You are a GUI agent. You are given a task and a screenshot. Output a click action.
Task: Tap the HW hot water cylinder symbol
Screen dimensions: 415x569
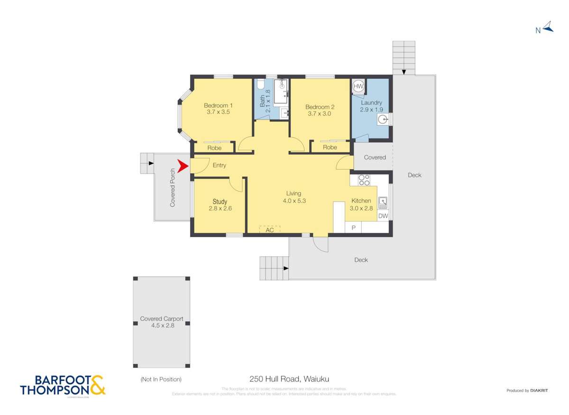pyautogui.click(x=358, y=86)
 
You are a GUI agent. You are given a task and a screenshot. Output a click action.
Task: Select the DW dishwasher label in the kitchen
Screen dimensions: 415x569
pyautogui.click(x=383, y=216)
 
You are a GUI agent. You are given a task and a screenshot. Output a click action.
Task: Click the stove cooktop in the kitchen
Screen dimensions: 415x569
pyautogui.click(x=364, y=180)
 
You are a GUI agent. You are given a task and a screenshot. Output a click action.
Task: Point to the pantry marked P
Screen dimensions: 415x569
pyautogui.click(x=353, y=228)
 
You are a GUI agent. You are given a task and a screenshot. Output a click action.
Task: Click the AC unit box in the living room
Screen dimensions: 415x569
pyautogui.click(x=269, y=230)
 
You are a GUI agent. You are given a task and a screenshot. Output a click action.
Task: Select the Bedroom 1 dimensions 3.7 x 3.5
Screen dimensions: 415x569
pyautogui.click(x=219, y=112)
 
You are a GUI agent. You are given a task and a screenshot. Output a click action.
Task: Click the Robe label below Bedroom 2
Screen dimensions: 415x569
pyautogui.click(x=330, y=148)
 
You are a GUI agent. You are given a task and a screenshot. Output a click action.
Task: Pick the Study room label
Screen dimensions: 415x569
pyautogui.click(x=220, y=202)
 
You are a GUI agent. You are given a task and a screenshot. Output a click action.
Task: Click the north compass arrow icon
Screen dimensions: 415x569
pyautogui.click(x=548, y=27)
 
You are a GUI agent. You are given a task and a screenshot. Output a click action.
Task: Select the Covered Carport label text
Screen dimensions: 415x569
pyautogui.click(x=162, y=319)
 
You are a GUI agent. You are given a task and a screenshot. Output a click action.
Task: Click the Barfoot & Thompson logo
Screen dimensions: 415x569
pyautogui.click(x=63, y=385)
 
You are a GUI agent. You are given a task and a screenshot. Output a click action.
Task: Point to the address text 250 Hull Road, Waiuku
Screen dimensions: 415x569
pyautogui.click(x=289, y=379)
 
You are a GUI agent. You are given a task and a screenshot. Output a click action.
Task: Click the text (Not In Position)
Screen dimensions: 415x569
pyautogui.click(x=161, y=379)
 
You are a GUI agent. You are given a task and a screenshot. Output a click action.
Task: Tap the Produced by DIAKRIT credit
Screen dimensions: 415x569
pyautogui.click(x=527, y=390)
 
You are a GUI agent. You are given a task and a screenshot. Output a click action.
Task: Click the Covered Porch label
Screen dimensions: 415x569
pyautogui.click(x=173, y=187)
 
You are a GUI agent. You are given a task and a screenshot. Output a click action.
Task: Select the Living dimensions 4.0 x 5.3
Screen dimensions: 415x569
pyautogui.click(x=294, y=201)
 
